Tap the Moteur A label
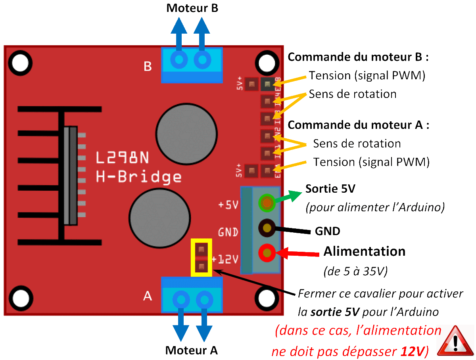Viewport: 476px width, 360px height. pyautogui.click(x=192, y=350)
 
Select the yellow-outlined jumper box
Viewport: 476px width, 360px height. pyautogui.click(x=202, y=257)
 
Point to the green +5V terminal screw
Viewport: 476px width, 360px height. pyautogui.click(x=267, y=203)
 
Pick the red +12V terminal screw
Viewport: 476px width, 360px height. pyautogui.click(x=267, y=252)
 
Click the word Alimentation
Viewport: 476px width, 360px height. pyautogui.click(x=364, y=251)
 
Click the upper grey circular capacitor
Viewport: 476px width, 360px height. pyautogui.click(x=186, y=133)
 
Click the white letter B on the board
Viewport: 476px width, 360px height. pyautogui.click(x=148, y=66)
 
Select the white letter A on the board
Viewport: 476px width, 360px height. pyautogui.click(x=147, y=296)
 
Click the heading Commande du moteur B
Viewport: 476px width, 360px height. pyautogui.click(x=358, y=57)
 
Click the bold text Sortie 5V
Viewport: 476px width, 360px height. pyautogui.click(x=330, y=189)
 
